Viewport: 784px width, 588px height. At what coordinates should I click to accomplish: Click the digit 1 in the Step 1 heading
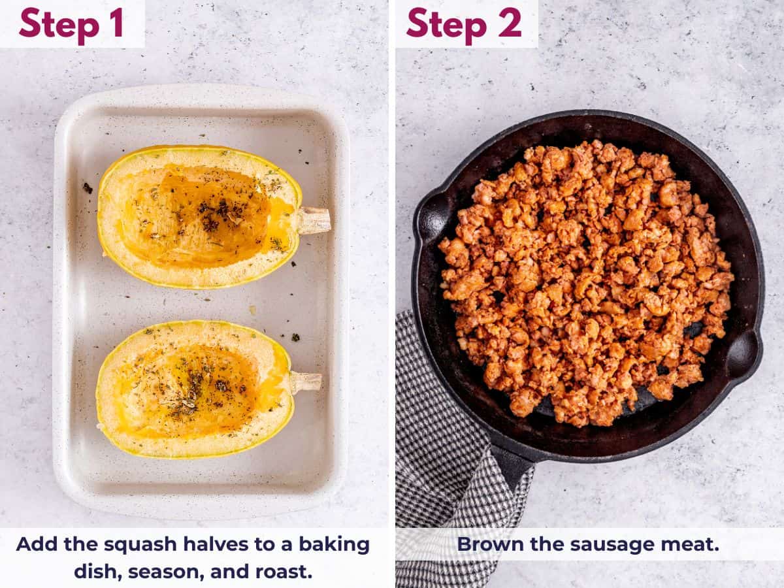point(116,24)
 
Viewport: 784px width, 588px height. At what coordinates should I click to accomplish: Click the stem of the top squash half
point(314,221)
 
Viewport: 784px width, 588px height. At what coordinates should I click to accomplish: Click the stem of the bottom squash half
point(305,382)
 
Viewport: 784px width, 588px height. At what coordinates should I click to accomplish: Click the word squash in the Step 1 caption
point(140,544)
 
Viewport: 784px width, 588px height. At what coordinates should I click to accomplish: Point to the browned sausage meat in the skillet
point(585,281)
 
